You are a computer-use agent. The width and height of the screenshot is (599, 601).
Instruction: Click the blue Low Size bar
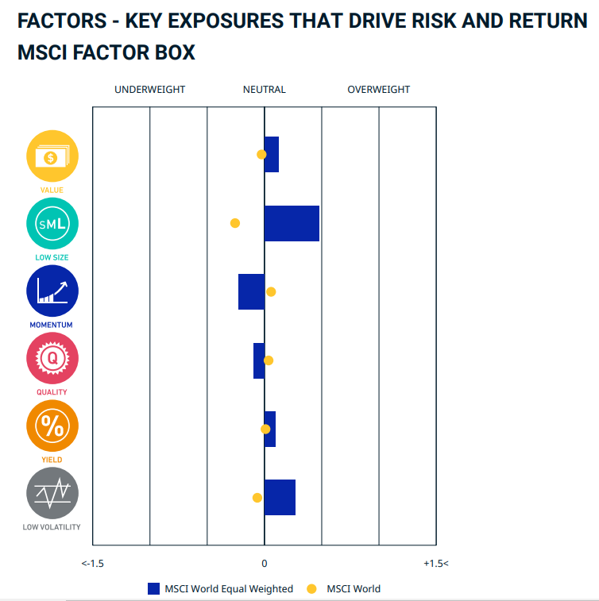[292, 223]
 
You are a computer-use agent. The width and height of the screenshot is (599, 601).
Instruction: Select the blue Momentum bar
[251, 291]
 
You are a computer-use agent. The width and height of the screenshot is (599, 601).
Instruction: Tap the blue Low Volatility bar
[280, 498]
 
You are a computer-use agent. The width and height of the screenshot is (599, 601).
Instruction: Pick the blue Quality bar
[259, 360]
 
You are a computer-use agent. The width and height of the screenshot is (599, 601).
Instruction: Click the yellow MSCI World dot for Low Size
[235, 223]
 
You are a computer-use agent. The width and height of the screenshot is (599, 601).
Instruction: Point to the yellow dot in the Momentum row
[271, 292]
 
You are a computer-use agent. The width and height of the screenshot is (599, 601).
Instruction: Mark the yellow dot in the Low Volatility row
[257, 498]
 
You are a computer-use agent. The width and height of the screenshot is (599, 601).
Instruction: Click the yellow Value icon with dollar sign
[52, 156]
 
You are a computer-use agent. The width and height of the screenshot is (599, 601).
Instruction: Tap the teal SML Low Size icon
[52, 224]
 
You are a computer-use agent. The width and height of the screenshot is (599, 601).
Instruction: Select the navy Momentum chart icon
[52, 291]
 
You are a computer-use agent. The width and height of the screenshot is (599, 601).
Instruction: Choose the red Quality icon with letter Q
[52, 359]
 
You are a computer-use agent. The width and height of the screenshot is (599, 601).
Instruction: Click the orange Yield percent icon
[52, 426]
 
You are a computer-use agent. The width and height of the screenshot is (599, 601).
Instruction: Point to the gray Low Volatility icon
[52, 494]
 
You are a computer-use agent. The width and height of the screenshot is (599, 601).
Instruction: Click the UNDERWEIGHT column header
[149, 90]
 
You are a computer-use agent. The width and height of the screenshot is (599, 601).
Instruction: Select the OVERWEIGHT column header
[379, 90]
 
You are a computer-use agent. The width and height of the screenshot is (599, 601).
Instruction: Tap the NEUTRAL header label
[265, 90]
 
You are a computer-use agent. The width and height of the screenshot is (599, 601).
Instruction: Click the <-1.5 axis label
[93, 563]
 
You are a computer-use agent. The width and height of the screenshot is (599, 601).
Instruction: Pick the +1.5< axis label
[435, 563]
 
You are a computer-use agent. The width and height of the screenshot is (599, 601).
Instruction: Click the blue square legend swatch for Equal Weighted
[154, 589]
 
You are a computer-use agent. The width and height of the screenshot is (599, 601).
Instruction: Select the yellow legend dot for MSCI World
[311, 589]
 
